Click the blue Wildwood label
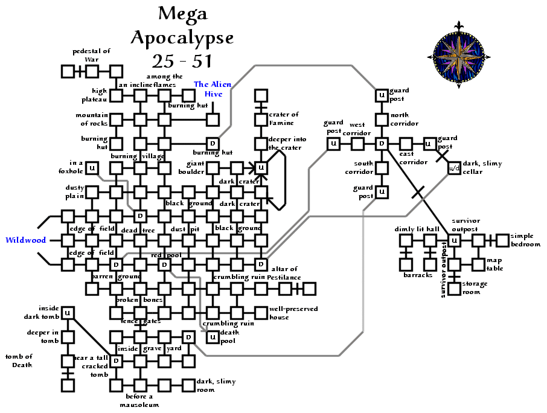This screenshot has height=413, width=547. (x=26, y=240)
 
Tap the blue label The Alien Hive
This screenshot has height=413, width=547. (x=213, y=89)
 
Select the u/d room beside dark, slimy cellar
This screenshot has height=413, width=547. (x=455, y=168)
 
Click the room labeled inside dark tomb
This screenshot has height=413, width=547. (x=68, y=313)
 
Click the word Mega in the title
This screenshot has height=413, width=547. (x=182, y=13)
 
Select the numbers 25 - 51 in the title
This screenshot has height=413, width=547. (x=182, y=61)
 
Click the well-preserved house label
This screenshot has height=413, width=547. (x=293, y=313)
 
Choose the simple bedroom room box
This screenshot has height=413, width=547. (x=502, y=240)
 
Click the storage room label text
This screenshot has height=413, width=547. (x=471, y=288)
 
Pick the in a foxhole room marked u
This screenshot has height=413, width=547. (x=92, y=168)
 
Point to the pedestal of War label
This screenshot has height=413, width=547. (x=92, y=55)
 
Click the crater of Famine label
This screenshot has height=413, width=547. (x=284, y=118)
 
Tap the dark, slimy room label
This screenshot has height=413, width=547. (x=216, y=385)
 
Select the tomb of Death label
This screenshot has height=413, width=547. (x=19, y=360)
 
